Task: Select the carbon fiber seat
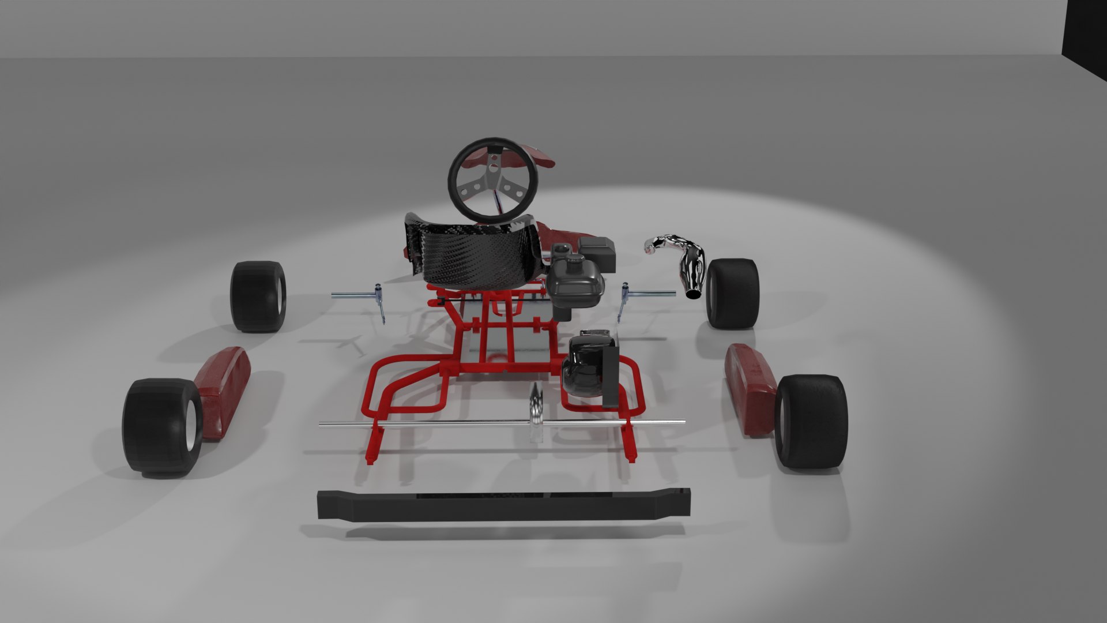point(473,254)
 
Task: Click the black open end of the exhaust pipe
point(693,295)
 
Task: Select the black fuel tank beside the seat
point(574,283)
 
